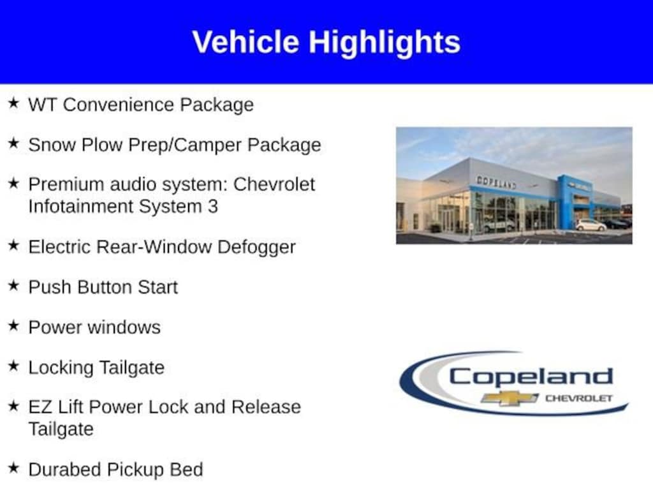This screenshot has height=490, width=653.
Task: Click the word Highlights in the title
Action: coord(385,43)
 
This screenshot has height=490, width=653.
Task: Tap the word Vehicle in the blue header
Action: coord(246,41)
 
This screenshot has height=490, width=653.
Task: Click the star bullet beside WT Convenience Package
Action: coord(13,103)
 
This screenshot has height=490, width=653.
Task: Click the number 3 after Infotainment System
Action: coord(213,207)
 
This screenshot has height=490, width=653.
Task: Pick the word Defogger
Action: coord(256,248)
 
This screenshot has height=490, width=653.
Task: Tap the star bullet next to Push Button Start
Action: coord(13,285)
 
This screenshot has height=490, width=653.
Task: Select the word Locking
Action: coord(61,368)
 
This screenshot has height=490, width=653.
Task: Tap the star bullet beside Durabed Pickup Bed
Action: coord(13,468)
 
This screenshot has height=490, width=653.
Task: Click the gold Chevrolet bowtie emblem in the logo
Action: coord(510,398)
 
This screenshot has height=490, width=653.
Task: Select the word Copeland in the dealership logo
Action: coord(531,377)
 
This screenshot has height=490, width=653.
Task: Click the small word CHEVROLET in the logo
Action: coord(579,398)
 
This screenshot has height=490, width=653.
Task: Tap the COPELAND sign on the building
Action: coord(496,182)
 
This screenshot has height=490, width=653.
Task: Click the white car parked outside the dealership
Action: coord(591,225)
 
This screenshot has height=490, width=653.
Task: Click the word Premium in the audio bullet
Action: coord(66,184)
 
